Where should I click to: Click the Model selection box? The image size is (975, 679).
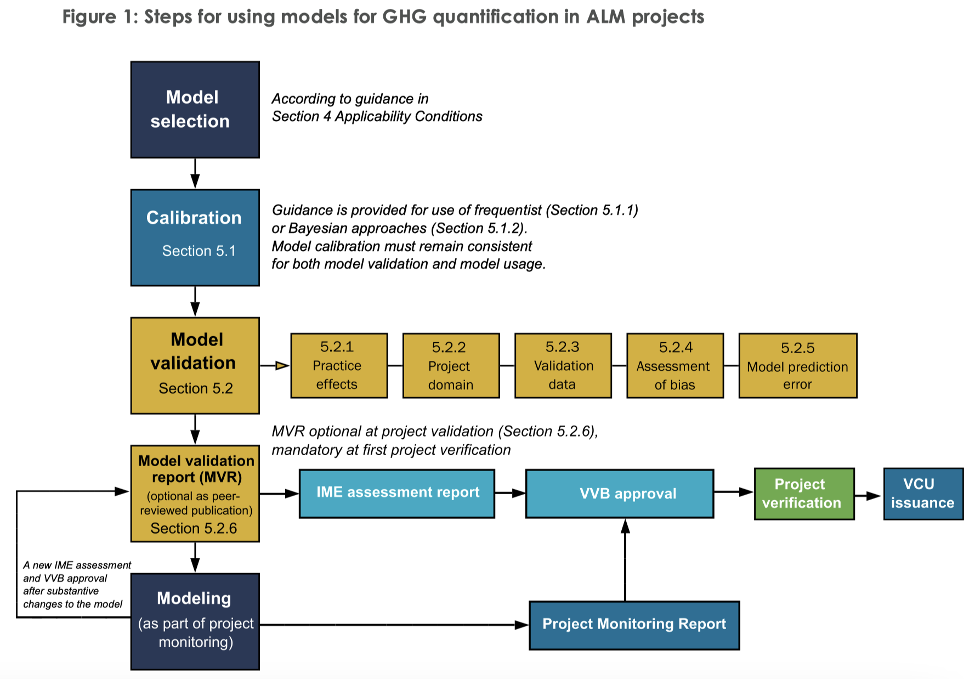[195, 110]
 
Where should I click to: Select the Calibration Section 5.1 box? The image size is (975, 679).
[195, 237]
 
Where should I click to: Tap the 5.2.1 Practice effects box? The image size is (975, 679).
[339, 365]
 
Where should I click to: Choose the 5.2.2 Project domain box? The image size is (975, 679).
[451, 365]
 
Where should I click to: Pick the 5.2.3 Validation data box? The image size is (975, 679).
[563, 365]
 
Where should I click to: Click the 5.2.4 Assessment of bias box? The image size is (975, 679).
[674, 365]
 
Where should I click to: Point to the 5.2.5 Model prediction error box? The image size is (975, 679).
[797, 365]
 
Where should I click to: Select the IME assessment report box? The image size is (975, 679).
[396, 493]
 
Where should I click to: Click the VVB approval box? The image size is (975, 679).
[619, 493]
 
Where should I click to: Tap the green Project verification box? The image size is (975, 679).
[804, 494]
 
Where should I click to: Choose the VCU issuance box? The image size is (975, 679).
[923, 494]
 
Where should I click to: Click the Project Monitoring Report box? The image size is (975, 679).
[634, 625]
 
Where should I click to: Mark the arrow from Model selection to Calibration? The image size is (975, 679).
[195, 174]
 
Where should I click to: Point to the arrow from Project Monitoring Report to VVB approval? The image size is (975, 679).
[625, 559]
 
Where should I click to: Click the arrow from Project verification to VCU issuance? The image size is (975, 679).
[869, 496]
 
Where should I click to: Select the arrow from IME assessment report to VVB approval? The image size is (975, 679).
[510, 493]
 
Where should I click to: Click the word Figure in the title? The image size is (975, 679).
[89, 17]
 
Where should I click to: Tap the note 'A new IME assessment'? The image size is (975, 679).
[77, 565]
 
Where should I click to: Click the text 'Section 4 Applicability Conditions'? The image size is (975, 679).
[377, 116]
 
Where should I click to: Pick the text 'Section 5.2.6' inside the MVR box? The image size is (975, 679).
[194, 528]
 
